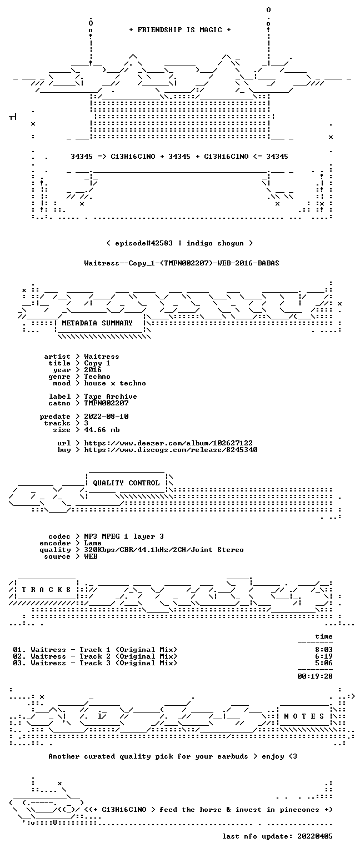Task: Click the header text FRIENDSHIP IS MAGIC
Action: (180, 29)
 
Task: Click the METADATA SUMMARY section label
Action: (97, 323)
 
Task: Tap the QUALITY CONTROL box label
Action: (126, 483)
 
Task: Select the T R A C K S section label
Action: (47, 589)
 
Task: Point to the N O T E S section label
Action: (304, 716)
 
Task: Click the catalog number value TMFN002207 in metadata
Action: (106, 403)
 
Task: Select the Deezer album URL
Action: (168, 443)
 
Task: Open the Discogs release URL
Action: (171, 450)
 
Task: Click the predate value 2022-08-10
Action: (106, 416)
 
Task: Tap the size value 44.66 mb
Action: (102, 429)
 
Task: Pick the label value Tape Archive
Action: (111, 397)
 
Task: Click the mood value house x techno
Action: (115, 383)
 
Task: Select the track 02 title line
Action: (95, 656)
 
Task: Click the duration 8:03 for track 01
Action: (324, 650)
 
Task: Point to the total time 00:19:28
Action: (315, 676)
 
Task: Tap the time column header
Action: (324, 636)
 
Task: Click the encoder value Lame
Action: (93, 543)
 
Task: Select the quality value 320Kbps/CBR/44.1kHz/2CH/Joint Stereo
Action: (164, 549)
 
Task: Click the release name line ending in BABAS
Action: (182, 263)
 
